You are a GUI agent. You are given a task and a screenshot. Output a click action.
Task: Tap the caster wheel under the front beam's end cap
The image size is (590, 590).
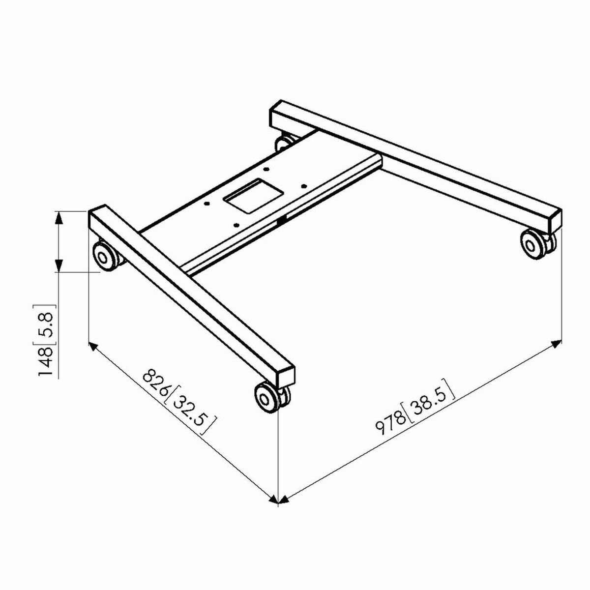[x=268, y=396]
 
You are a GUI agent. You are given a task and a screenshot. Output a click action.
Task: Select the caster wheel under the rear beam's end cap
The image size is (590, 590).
[x=532, y=243]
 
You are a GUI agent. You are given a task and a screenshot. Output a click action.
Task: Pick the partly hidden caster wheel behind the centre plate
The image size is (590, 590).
[x=284, y=143]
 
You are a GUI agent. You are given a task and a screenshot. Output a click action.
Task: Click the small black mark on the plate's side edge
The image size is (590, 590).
[x=282, y=222]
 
